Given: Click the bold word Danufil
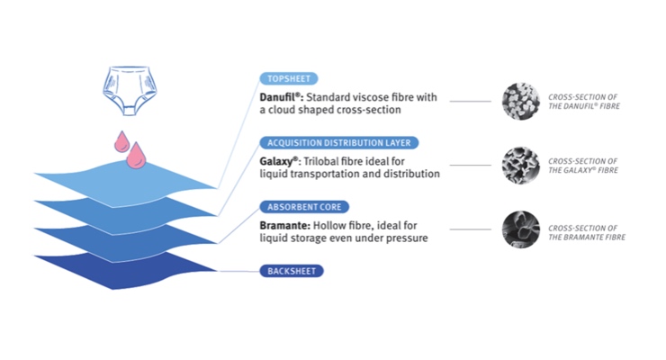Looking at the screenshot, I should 281,95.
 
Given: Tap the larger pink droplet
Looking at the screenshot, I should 137,156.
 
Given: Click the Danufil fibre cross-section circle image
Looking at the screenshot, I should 521,101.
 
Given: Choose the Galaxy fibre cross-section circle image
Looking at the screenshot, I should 521,166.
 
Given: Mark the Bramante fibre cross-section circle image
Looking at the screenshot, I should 521,229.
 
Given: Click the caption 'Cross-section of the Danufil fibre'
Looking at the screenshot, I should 584,101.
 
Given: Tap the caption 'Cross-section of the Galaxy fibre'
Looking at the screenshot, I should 583,166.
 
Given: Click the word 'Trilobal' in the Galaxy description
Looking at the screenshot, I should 319,159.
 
